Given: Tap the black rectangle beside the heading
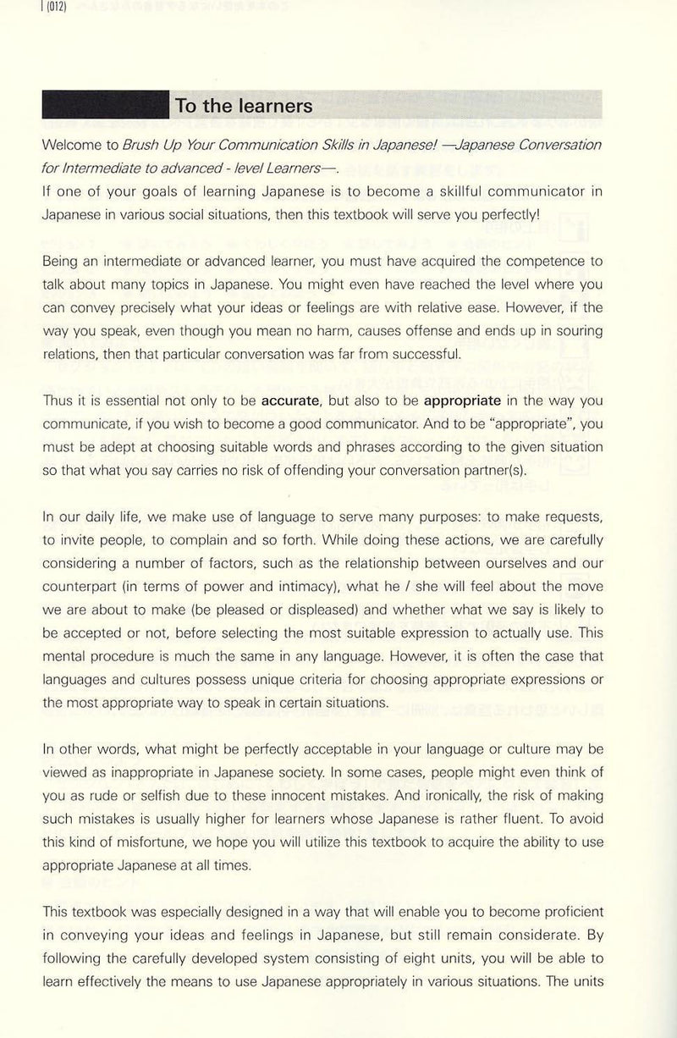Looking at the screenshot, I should point(105,106).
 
